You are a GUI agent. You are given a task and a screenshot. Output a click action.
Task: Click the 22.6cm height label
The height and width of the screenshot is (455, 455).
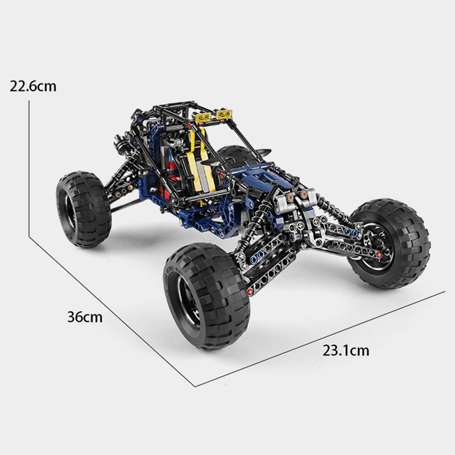33,86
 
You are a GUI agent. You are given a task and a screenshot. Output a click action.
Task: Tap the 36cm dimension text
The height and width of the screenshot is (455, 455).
85,317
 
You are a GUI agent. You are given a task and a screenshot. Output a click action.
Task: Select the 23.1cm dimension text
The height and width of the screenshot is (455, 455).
345,350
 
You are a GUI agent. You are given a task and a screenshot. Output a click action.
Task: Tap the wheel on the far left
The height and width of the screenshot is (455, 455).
82,210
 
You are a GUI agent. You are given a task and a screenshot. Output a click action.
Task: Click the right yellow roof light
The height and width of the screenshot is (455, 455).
224,115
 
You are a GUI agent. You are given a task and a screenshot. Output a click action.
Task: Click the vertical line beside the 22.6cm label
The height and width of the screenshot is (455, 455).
28,159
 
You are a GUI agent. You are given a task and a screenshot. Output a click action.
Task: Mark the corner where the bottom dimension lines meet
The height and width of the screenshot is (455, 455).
195,386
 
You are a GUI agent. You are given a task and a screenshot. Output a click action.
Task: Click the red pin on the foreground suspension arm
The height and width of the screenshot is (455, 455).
250,292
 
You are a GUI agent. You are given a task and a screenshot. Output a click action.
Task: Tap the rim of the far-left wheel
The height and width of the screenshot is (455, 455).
67,211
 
